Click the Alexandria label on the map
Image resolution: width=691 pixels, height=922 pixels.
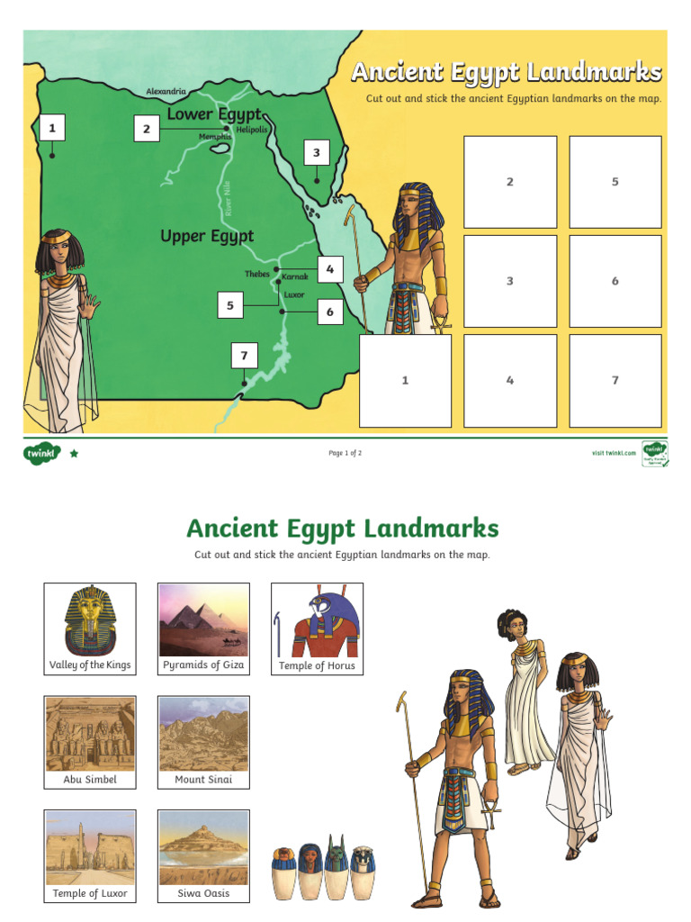coord(166,92)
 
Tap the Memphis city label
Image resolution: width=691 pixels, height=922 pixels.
coord(215,137)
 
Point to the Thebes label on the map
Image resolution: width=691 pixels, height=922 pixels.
coord(256,274)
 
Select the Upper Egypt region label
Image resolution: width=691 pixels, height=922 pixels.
coord(207,236)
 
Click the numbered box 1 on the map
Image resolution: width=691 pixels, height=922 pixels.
coord(52,128)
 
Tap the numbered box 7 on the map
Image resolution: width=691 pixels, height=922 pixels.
coord(243,356)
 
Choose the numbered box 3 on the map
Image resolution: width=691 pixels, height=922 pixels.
coord(316,153)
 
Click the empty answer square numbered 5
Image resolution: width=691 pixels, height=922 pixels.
coord(615,182)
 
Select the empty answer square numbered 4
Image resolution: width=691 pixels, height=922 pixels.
coord(510,380)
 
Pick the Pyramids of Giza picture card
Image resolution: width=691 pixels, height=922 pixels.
coord(203,620)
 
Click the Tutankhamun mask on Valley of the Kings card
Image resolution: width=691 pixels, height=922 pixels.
coord(90,620)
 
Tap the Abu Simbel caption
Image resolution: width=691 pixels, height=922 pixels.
coord(90,780)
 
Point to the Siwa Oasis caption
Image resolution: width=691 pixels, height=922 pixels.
coord(203,893)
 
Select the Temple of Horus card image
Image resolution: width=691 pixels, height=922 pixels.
coord(317,620)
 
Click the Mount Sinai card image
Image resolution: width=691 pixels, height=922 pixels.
coord(203,734)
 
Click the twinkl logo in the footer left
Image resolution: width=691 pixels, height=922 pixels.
coord(41,454)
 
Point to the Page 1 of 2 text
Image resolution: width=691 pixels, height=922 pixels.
coord(345,453)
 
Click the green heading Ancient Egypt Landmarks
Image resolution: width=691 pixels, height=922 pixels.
coord(342,528)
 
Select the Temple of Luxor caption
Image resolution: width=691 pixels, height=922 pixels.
coord(90,893)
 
